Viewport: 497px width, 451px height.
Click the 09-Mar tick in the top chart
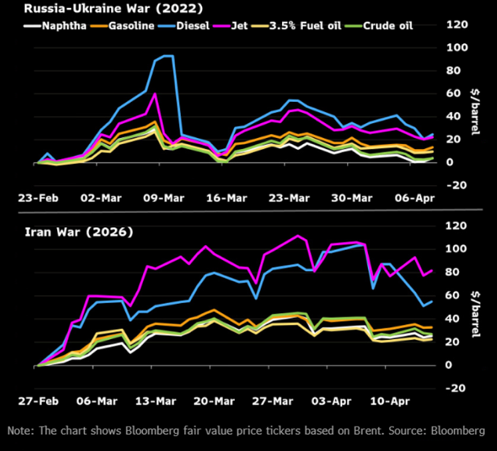[164, 198]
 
